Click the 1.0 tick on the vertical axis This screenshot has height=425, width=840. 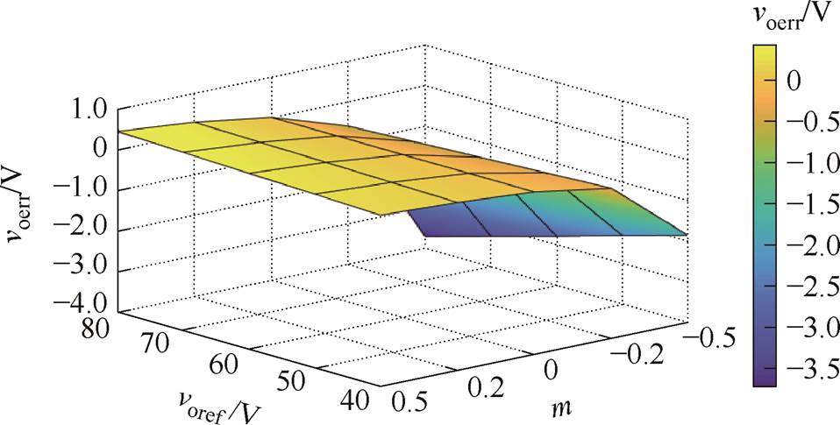pyautogui.click(x=83, y=109)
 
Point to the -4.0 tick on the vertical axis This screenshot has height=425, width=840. pyautogui.click(x=77, y=304)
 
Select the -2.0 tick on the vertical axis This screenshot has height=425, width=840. pyautogui.click(x=77, y=226)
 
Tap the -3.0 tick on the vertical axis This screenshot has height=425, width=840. pyautogui.click(x=77, y=266)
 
